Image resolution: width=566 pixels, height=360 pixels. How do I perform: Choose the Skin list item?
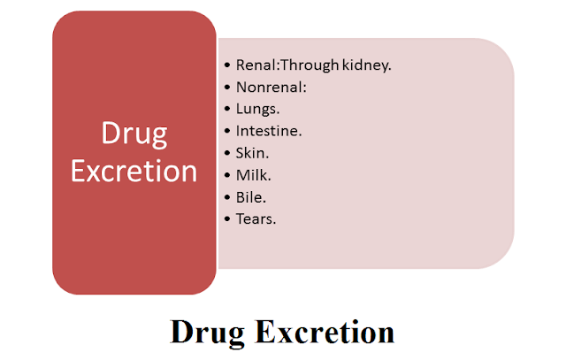point(253,153)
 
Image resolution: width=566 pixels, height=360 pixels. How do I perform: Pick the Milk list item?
point(253,174)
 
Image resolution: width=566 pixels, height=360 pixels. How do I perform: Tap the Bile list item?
point(251,196)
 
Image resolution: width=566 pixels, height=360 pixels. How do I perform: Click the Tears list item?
point(256,218)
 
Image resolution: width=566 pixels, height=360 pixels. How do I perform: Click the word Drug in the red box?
point(134,136)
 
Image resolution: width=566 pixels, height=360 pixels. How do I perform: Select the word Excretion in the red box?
point(134,170)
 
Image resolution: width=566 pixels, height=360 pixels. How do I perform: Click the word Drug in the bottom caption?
point(209,333)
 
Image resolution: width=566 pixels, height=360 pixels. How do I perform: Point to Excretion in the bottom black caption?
point(325,333)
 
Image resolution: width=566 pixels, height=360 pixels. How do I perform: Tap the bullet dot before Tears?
point(228,218)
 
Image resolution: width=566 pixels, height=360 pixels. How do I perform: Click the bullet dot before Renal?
point(228,66)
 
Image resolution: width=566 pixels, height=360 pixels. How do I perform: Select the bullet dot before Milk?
point(228,175)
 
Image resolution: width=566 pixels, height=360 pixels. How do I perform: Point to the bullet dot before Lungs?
point(228,111)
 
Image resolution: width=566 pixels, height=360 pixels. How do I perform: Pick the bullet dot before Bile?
point(228,197)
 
